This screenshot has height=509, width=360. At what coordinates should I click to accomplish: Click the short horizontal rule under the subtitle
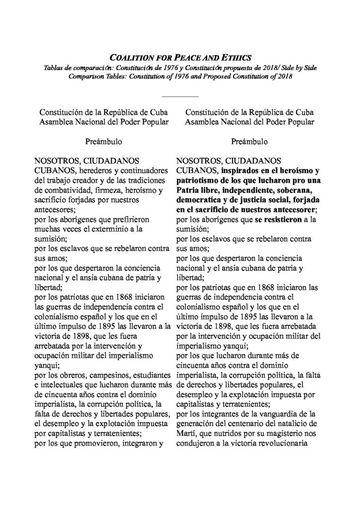click(180, 95)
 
